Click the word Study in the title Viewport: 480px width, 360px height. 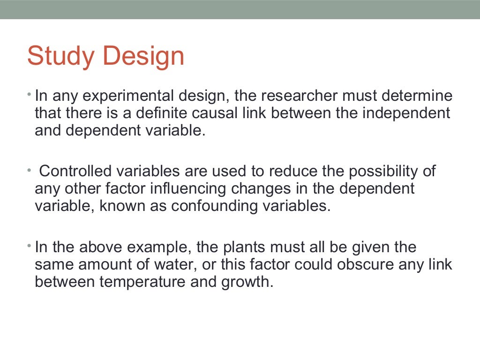pos(60,57)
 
